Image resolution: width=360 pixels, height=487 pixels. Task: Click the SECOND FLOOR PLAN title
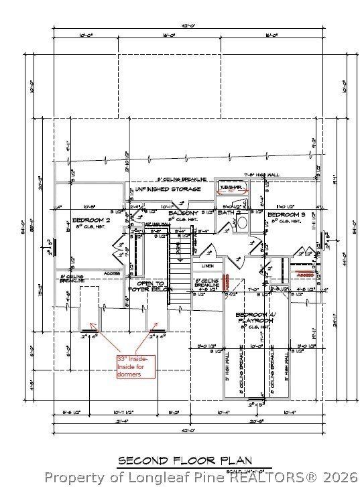point(185,460)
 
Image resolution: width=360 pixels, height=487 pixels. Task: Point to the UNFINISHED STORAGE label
point(167,190)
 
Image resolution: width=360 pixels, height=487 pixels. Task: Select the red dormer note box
point(135,366)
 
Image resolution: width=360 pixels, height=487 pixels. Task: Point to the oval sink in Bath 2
point(243,224)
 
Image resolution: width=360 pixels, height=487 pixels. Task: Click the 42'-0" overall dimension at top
point(186,27)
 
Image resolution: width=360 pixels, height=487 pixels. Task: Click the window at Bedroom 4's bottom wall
point(255,404)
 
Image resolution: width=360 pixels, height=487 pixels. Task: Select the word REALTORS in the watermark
point(254,477)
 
